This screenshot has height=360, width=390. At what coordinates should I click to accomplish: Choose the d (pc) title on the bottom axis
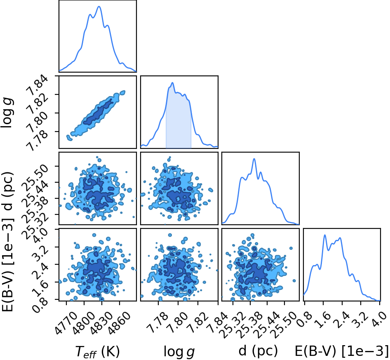coord(258,351)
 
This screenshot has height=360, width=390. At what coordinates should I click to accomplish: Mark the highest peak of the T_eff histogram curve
coord(99,7)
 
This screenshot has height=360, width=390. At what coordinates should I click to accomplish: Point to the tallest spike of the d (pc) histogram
coord(254,159)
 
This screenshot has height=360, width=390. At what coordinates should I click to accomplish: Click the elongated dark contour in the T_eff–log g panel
coord(98,112)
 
